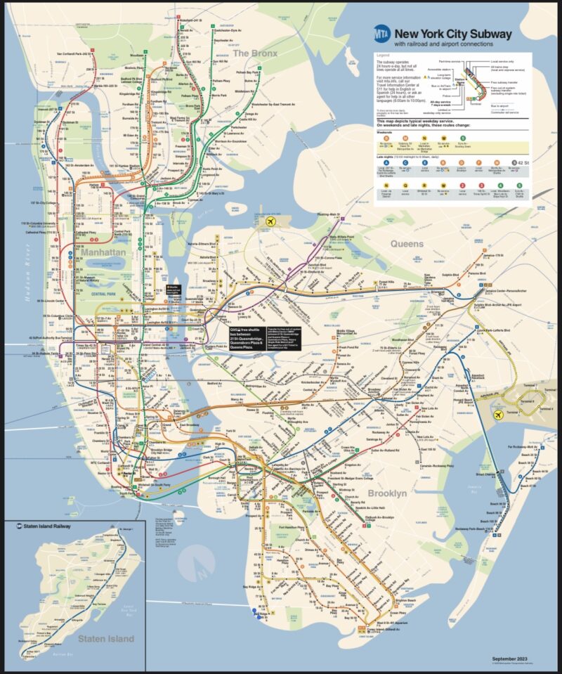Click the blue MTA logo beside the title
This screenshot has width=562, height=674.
(x=382, y=33)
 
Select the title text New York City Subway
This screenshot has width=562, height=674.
(x=452, y=34)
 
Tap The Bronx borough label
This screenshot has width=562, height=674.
(x=255, y=53)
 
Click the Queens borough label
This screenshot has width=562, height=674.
(x=407, y=244)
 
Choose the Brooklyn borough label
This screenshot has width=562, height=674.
(x=387, y=494)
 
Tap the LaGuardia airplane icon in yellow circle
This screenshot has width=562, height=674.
(x=269, y=222)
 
